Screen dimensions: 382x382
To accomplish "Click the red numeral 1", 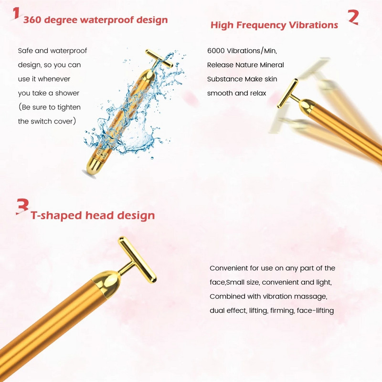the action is coord(16,13).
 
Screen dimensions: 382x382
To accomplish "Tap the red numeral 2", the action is coord(353,17).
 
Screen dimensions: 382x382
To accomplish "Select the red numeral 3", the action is coord(22,207).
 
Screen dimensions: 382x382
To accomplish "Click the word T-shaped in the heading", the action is coord(56,216).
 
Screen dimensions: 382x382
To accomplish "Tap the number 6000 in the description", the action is coord(216,51).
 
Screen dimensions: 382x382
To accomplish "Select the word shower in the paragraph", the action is coord(67,93).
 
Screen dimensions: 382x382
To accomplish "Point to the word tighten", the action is coord(69,107).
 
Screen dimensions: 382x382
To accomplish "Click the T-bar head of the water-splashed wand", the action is coord(159,58).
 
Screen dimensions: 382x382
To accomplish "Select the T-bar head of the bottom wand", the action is coord(137,260).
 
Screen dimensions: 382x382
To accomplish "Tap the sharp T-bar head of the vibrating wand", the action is coord(287,93).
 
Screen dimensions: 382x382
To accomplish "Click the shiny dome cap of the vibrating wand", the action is coord(307,107).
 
